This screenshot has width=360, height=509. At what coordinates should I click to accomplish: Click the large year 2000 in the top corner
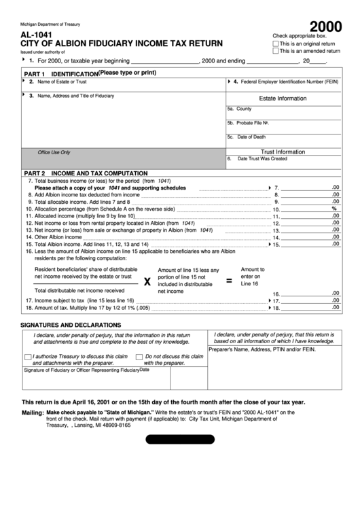pyautogui.click(x=322, y=26)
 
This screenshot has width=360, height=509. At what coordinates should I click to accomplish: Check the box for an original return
pyautogui.click(x=275, y=43)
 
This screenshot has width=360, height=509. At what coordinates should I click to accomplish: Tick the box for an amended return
pyautogui.click(x=275, y=51)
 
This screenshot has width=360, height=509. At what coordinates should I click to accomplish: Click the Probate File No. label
pyautogui.click(x=248, y=123)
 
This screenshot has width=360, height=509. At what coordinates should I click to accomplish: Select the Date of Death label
pyautogui.click(x=246, y=137)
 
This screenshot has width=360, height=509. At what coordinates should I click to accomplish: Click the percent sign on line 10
pyautogui.click(x=334, y=209)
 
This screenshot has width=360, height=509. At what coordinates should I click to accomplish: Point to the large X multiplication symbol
pyautogui.click(x=147, y=281)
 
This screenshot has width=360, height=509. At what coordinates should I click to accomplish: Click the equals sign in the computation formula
pyautogui.click(x=228, y=280)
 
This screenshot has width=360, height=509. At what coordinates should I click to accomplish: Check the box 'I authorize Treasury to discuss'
pyautogui.click(x=28, y=357)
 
